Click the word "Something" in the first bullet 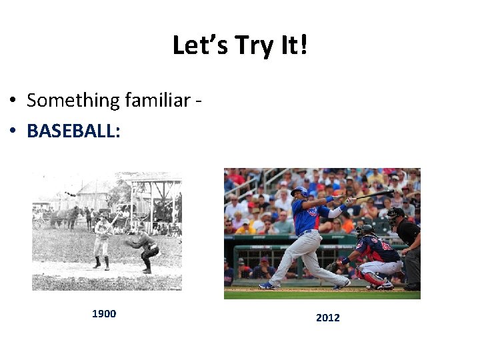coord(72,100)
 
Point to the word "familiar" coord(157,100)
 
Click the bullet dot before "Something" coord(13,101)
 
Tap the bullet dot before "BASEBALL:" coord(13,131)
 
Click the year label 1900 coord(104,314)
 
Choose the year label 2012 coord(328,317)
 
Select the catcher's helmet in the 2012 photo coord(364,231)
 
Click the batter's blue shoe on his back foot coord(267,285)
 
